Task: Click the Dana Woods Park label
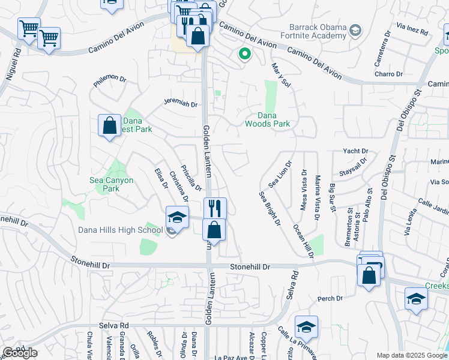(x=267, y=119)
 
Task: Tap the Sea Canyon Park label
(x=112, y=184)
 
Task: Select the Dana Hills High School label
(x=121, y=229)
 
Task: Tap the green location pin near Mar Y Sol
(x=245, y=54)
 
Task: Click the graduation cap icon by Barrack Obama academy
(x=357, y=30)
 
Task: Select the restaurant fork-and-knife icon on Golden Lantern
(x=215, y=208)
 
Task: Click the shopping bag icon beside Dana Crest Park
(x=109, y=126)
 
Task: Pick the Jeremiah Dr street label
(x=181, y=103)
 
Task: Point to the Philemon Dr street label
(x=110, y=79)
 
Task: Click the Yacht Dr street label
(x=355, y=151)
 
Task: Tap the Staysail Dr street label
(x=352, y=171)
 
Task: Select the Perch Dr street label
(x=330, y=298)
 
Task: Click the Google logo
(x=20, y=353)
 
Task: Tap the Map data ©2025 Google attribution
(x=412, y=355)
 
